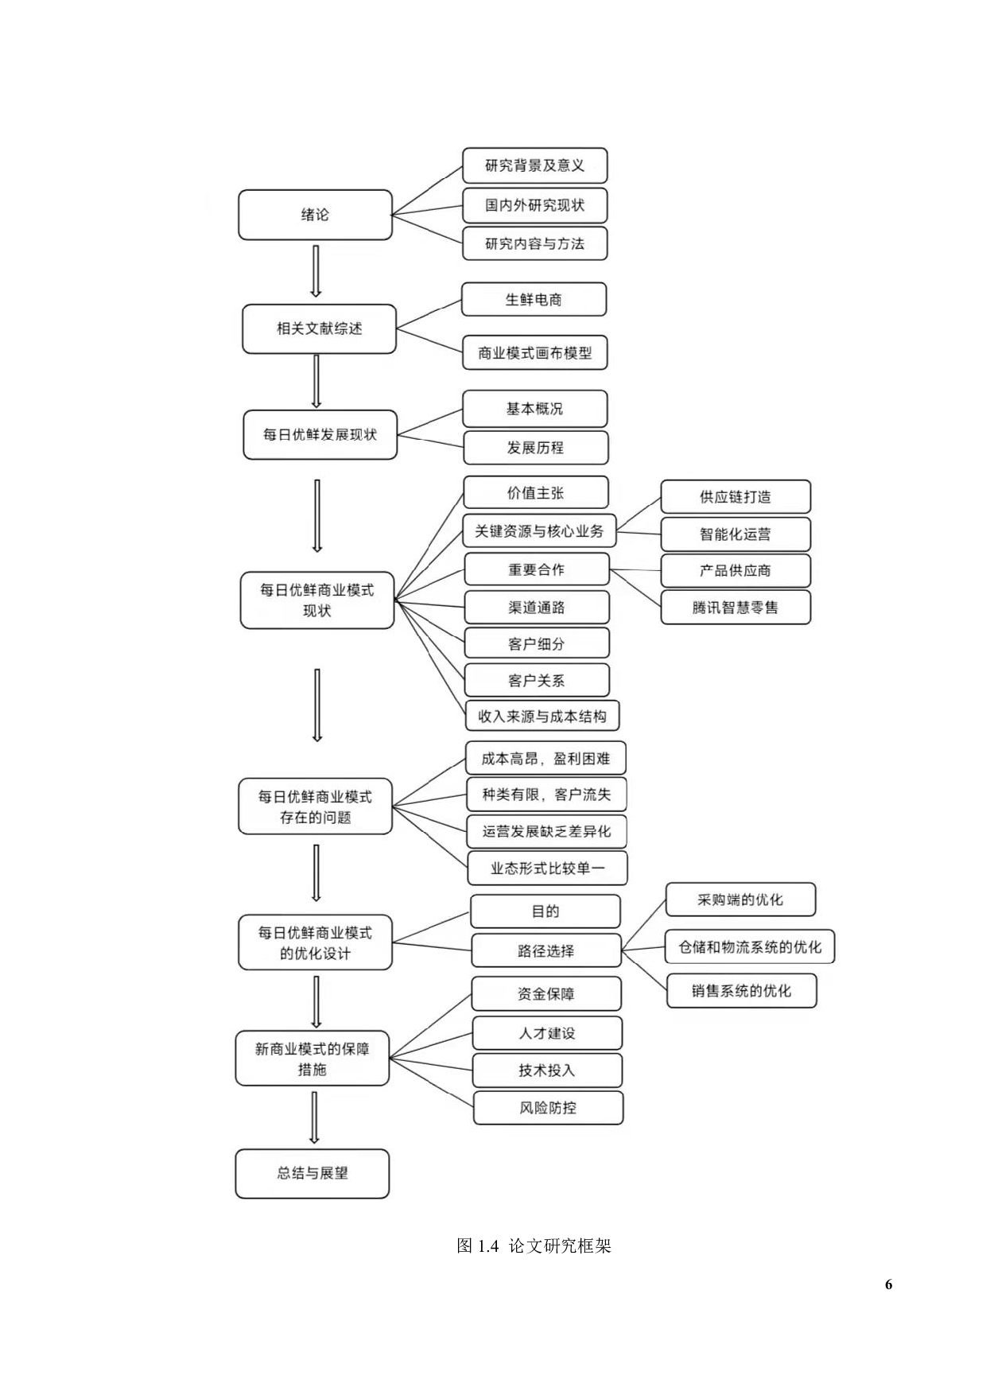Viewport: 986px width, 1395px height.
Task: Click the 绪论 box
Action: coord(315,215)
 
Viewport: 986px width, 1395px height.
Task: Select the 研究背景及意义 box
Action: coord(534,165)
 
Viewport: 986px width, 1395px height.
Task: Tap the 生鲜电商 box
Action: coord(534,300)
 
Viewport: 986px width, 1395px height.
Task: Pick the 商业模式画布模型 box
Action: coord(534,353)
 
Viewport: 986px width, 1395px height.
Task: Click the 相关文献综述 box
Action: coord(319,328)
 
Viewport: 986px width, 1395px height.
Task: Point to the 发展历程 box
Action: coord(535,448)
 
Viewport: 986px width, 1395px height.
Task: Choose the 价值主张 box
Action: coord(535,493)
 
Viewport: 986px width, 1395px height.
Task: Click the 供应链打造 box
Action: coord(735,497)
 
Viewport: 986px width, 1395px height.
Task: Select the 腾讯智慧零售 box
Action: coord(735,608)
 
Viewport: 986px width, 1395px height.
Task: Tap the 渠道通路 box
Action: coord(537,608)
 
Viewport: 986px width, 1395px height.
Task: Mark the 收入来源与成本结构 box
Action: coord(542,717)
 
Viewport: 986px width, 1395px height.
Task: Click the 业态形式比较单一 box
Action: coord(547,868)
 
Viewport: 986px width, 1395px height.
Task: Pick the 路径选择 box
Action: coord(545,951)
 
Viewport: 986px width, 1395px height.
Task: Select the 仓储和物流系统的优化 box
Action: coord(750,947)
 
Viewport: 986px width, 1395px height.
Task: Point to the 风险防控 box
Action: coord(548,1108)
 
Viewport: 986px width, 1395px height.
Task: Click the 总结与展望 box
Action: coord(312,1173)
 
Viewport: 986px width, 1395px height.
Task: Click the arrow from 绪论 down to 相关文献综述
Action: coord(316,271)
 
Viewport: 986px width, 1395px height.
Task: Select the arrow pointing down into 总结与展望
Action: coord(314,1117)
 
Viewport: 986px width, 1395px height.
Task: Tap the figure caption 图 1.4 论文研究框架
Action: coord(534,1246)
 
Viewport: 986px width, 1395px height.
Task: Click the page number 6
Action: coord(888,1284)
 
